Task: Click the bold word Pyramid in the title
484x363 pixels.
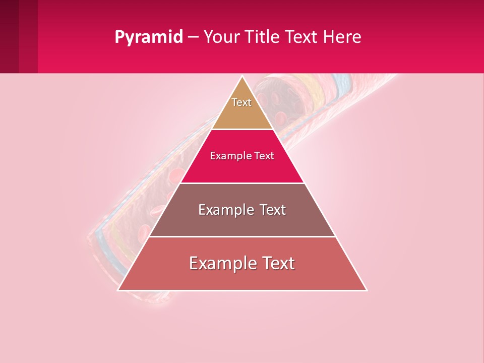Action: [x=149, y=37]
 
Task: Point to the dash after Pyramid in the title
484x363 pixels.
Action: [x=193, y=37]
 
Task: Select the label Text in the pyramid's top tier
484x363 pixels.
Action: [x=241, y=102]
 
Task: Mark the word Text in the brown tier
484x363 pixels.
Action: [x=272, y=210]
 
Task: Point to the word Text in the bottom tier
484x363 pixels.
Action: [x=277, y=263]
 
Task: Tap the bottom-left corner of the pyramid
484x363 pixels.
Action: [x=118, y=290]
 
